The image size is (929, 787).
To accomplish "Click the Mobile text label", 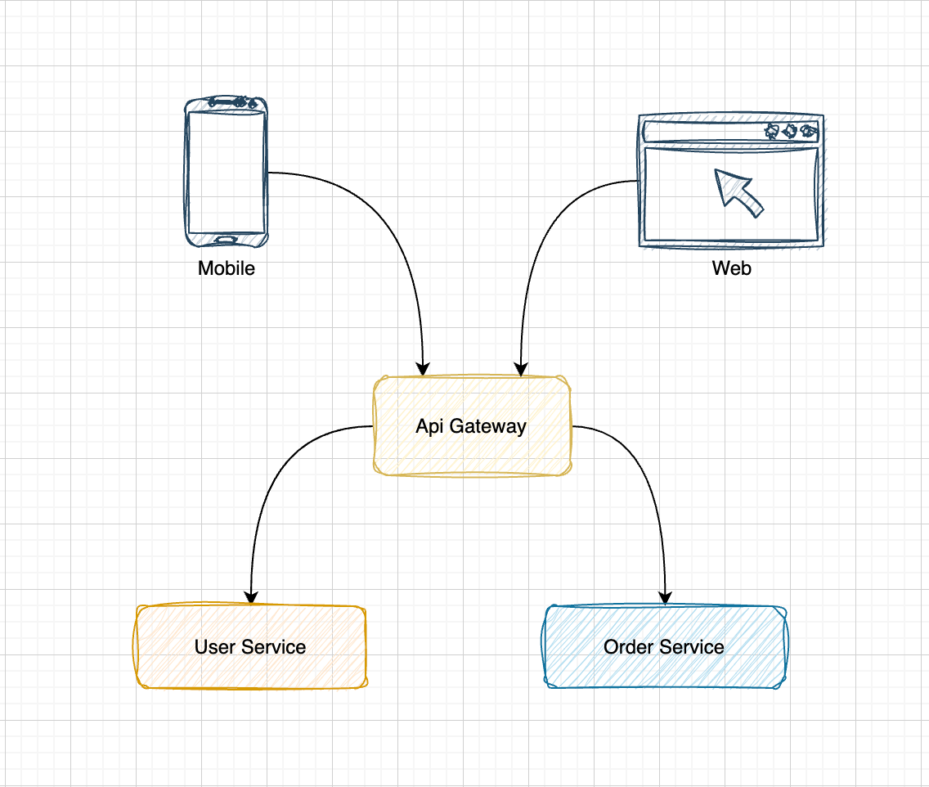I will (227, 268).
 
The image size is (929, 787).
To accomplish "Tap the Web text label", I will (731, 268).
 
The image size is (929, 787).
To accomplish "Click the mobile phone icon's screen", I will (227, 173).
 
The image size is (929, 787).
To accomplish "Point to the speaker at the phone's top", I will (227, 102).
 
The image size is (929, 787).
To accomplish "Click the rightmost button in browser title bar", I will (808, 131).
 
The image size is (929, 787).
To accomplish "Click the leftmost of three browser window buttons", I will (771, 131).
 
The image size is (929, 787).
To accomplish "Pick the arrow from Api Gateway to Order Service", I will (646, 483).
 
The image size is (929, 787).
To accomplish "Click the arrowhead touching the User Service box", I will (251, 596).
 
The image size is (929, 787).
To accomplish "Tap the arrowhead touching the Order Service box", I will (666, 596).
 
